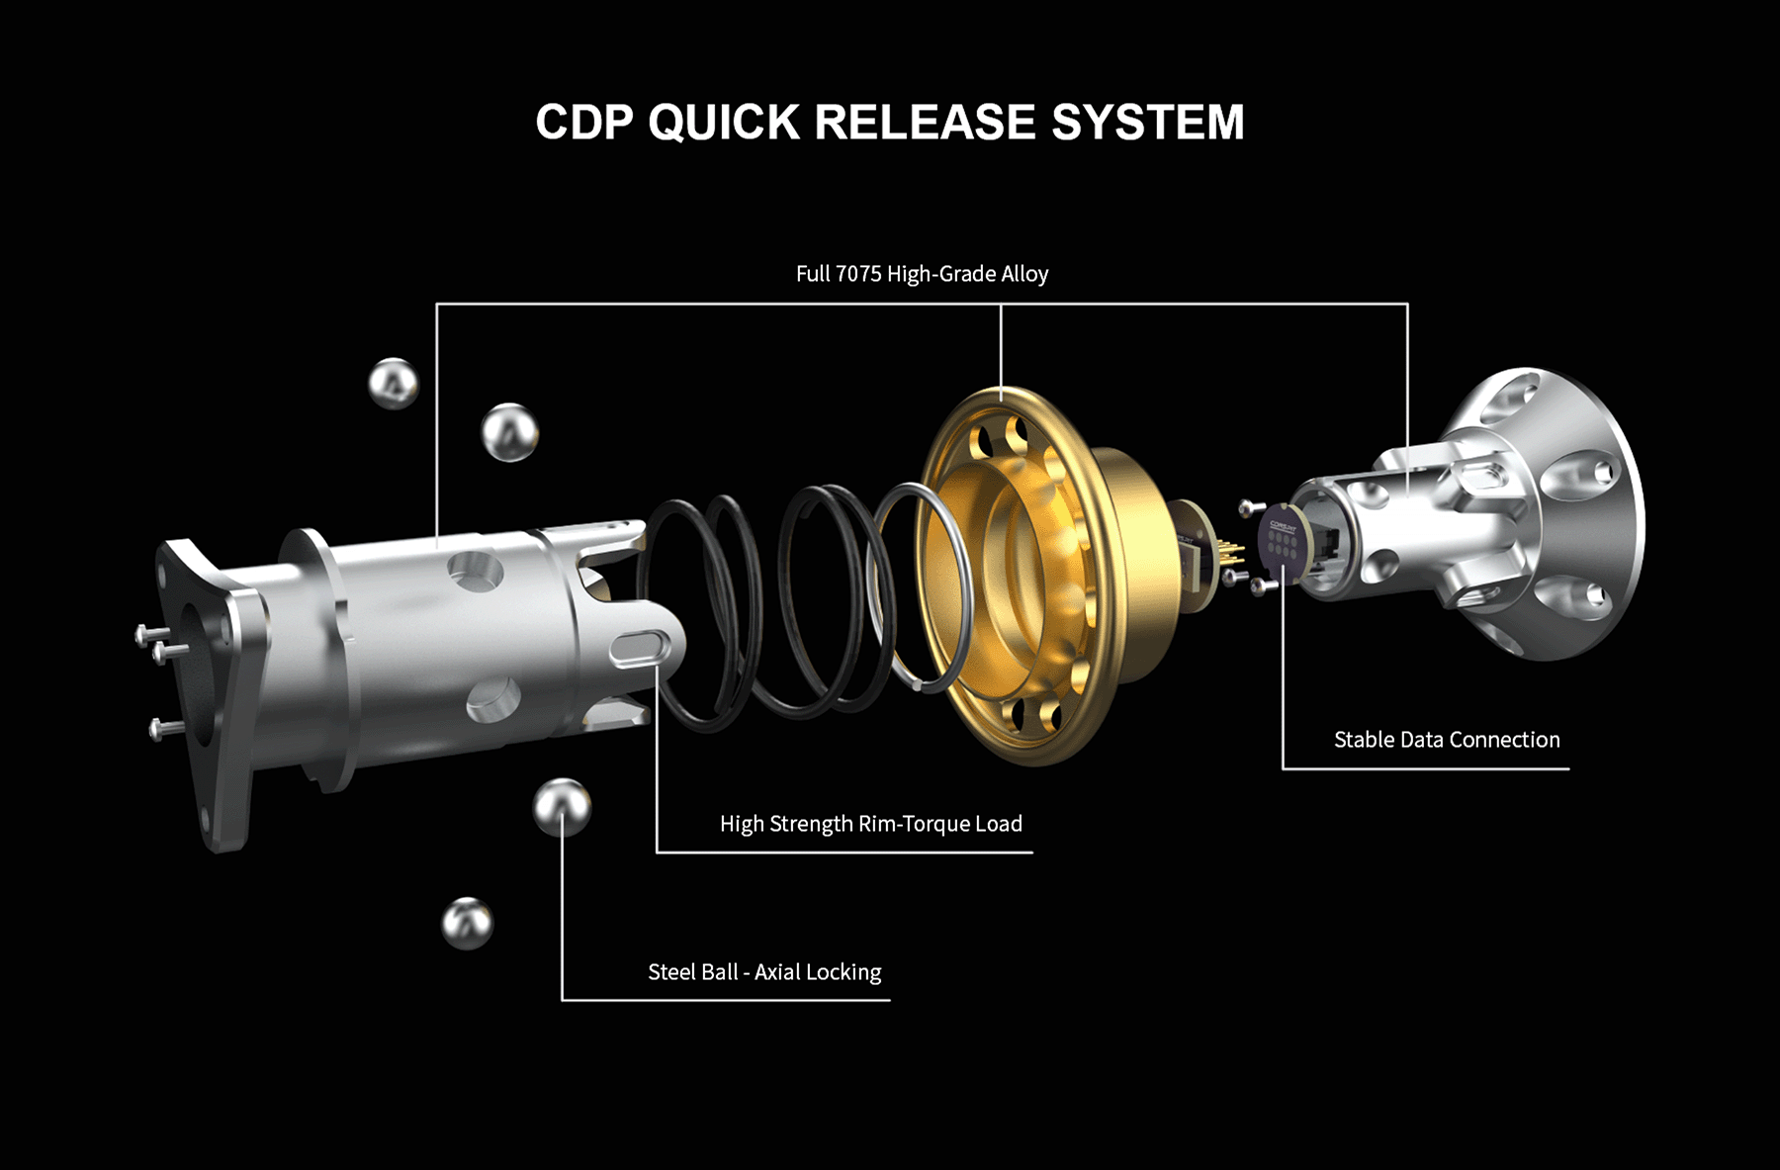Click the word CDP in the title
(x=583, y=122)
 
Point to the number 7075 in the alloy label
(x=858, y=274)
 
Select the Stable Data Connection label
(x=1447, y=740)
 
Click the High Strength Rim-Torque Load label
(x=871, y=824)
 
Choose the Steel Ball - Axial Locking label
(x=764, y=972)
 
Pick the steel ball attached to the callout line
(x=562, y=807)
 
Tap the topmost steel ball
(x=394, y=383)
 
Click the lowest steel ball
(x=467, y=923)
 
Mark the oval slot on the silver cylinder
(x=640, y=649)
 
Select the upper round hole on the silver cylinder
(x=476, y=571)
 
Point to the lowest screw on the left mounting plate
(x=165, y=729)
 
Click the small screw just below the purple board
(x=1263, y=586)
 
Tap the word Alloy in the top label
(x=1024, y=274)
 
